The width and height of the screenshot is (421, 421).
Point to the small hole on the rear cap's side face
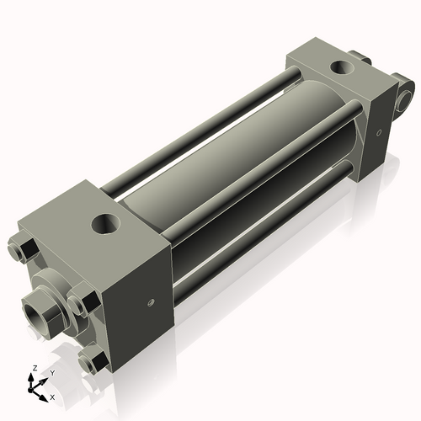click(x=380, y=131)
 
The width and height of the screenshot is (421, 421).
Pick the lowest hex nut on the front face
click(x=91, y=361)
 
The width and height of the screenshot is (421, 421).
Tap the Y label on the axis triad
click(x=51, y=371)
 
